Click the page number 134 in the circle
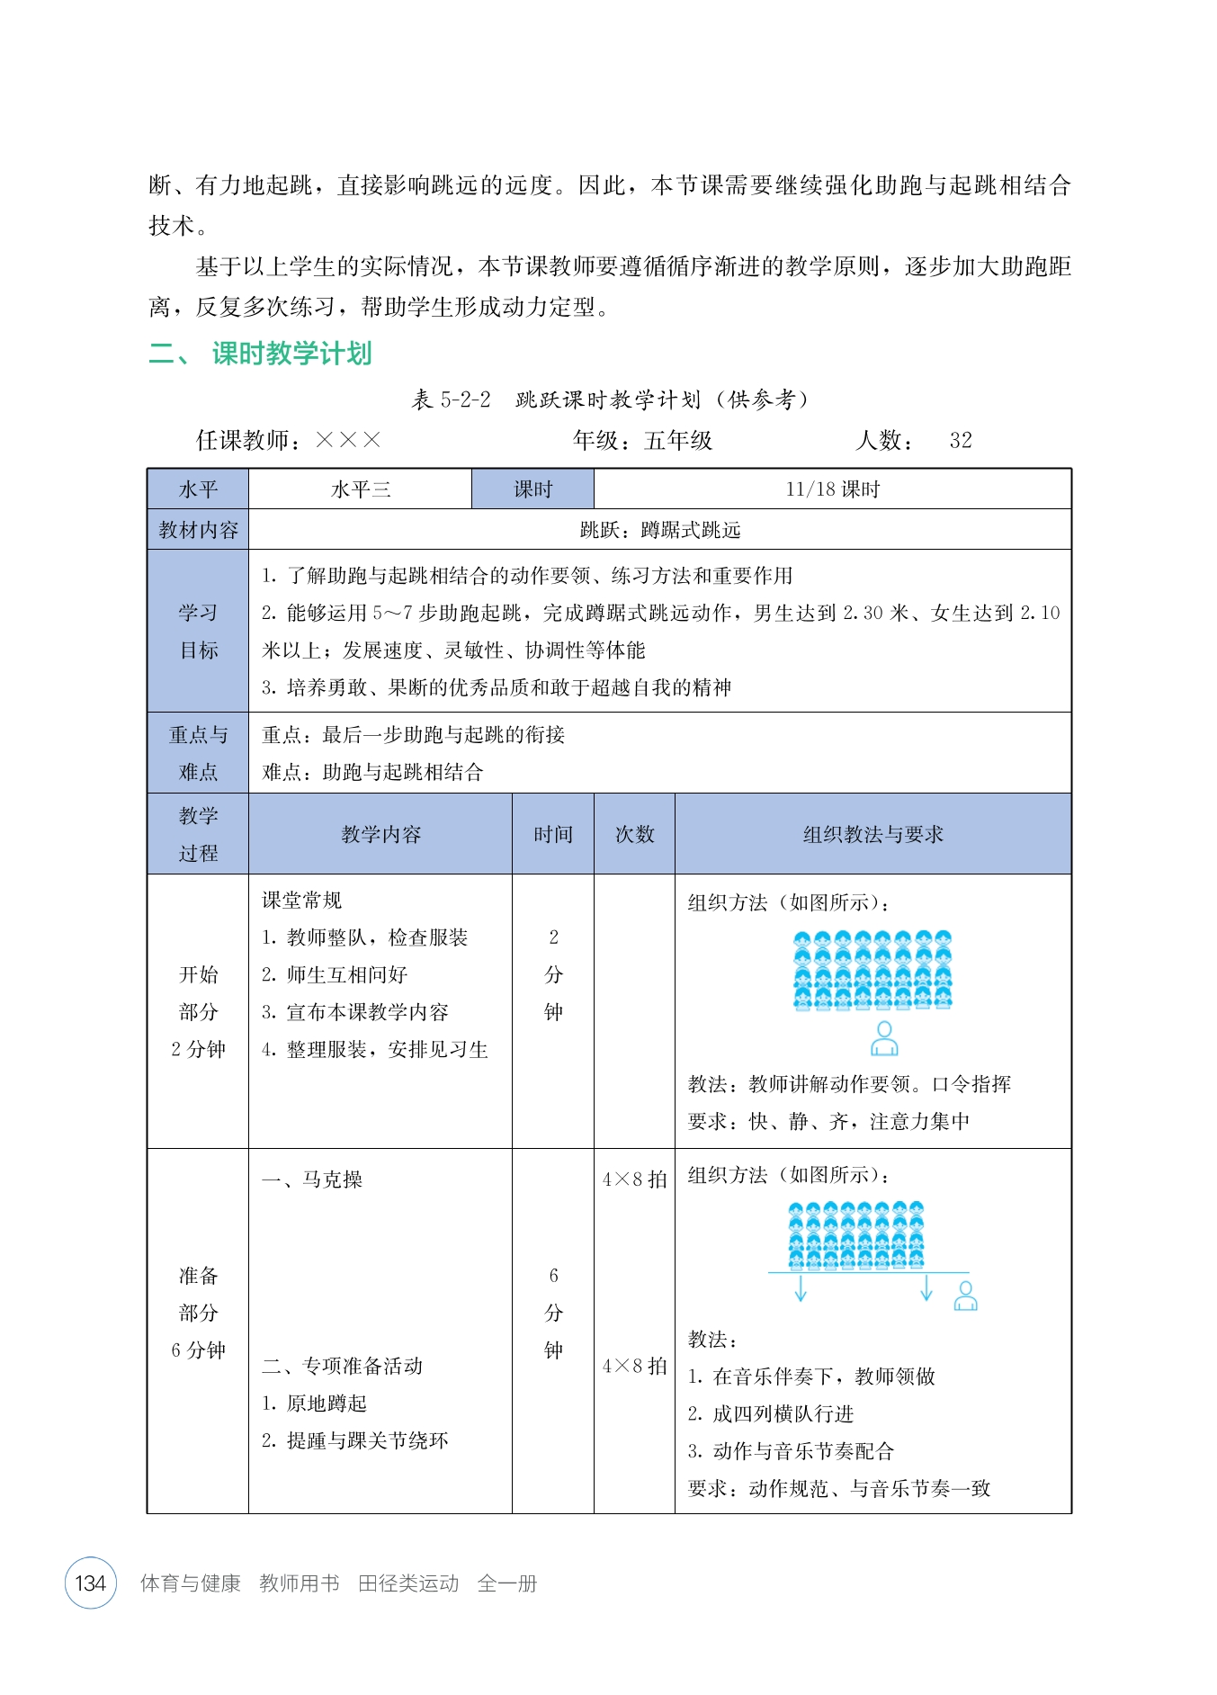(91, 1583)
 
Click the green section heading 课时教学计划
(291, 354)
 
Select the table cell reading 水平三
(361, 489)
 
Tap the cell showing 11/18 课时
(832, 489)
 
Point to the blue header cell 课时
(532, 489)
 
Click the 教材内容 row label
(198, 530)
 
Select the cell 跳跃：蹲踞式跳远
(659, 530)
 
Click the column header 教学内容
(380, 834)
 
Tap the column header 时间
(552, 834)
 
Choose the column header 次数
(634, 834)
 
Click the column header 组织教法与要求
(872, 834)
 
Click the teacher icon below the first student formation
(884, 1038)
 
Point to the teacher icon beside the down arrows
(965, 1296)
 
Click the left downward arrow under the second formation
(801, 1289)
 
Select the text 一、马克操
(312, 1179)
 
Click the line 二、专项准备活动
(342, 1366)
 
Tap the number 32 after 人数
(961, 440)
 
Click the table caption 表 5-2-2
(451, 399)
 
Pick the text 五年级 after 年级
(678, 440)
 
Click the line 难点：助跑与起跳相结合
(372, 772)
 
